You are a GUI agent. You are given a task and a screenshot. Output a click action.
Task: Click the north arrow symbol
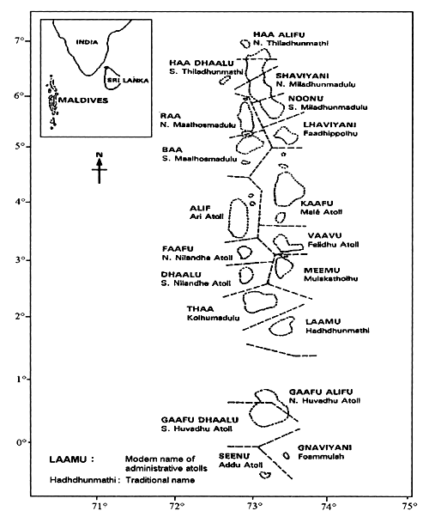click(x=100, y=168)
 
